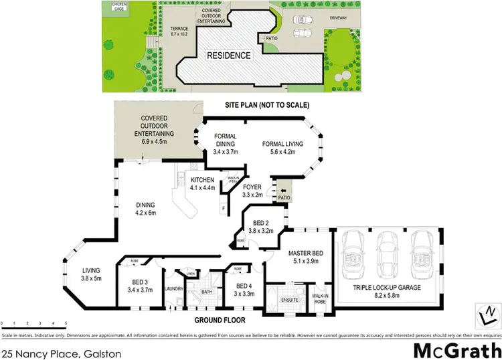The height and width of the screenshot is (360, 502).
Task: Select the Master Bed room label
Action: pos(307,258)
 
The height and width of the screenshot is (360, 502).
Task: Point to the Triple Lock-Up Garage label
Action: pos(388,291)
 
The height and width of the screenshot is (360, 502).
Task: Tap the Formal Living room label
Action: pos(282,147)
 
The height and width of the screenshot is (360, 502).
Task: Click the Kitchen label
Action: pos(202,184)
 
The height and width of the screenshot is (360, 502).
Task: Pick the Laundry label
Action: pos(173,288)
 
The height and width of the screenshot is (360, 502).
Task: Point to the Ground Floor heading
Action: pos(220,321)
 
